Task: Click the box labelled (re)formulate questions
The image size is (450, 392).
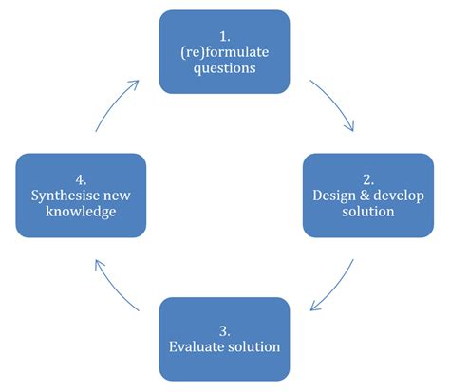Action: click(224, 51)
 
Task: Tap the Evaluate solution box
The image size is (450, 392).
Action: click(224, 338)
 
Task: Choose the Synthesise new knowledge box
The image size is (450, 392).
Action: click(80, 195)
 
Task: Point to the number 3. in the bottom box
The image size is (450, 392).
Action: click(224, 329)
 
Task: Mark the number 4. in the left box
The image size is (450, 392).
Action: click(80, 178)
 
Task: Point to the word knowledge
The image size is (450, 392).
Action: click(80, 212)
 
